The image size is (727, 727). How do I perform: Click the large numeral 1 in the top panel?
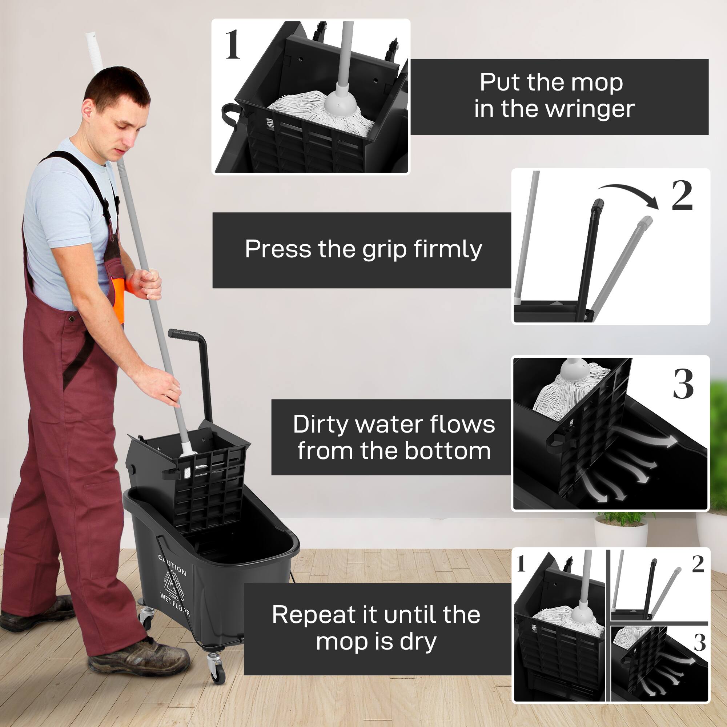233,45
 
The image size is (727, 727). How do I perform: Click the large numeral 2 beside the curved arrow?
682,196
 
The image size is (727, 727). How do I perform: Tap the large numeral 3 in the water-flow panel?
683,384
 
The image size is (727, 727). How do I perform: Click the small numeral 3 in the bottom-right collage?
699,642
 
